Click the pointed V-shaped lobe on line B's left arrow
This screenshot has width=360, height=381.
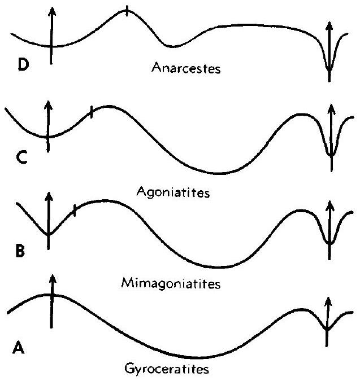[49, 233]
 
